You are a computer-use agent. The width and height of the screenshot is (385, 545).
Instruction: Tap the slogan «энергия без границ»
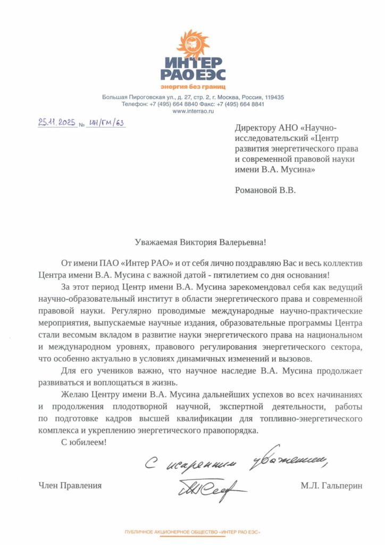(x=193, y=86)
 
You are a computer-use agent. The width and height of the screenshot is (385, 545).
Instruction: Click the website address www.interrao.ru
(x=193, y=111)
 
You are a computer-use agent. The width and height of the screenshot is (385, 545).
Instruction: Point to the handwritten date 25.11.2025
(x=57, y=122)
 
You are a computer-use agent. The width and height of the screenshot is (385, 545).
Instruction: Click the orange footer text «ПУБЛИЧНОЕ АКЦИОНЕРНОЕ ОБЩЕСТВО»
(x=170, y=532)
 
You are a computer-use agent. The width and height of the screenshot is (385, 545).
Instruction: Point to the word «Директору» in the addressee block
(x=257, y=128)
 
